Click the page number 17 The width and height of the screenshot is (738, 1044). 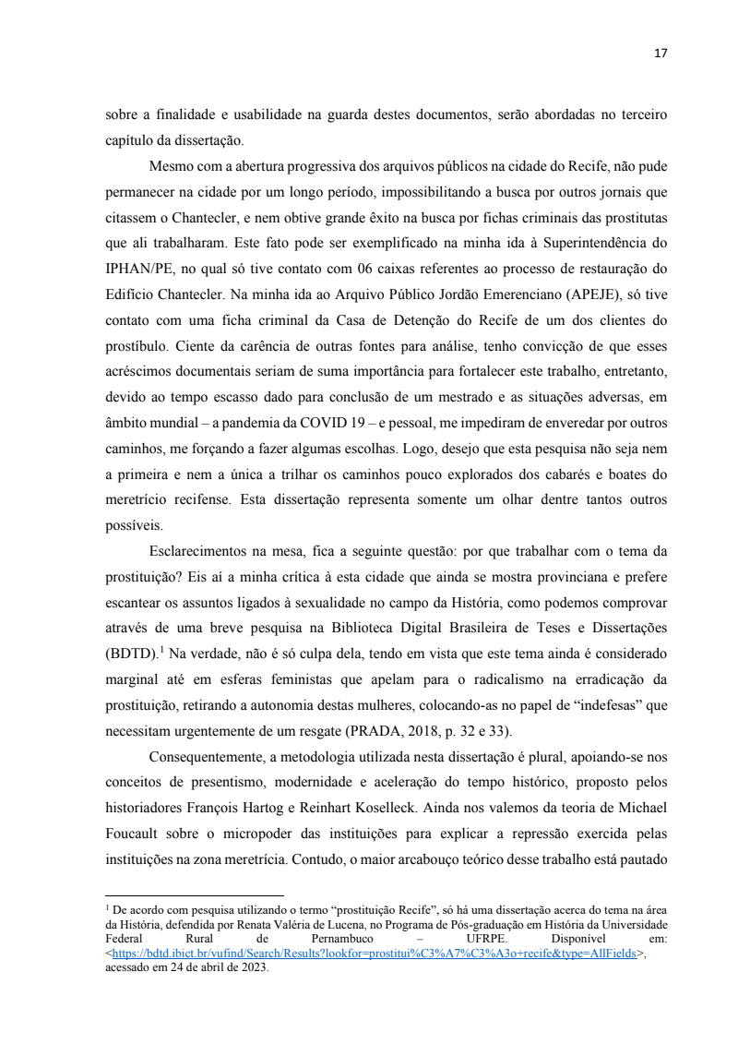pos(660,54)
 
